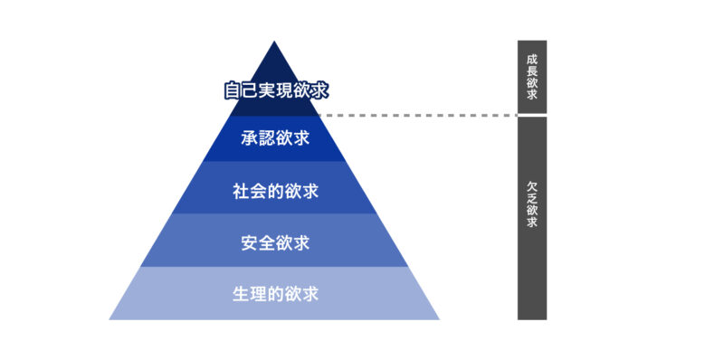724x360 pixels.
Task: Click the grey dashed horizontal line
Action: [416, 116]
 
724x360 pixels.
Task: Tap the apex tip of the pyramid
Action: [274, 42]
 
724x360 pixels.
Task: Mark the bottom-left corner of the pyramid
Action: [110, 318]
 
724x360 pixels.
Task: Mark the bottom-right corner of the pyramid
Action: [438, 318]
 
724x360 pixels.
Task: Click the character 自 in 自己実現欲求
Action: [233, 90]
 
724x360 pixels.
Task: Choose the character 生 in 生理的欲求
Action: [241, 294]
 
